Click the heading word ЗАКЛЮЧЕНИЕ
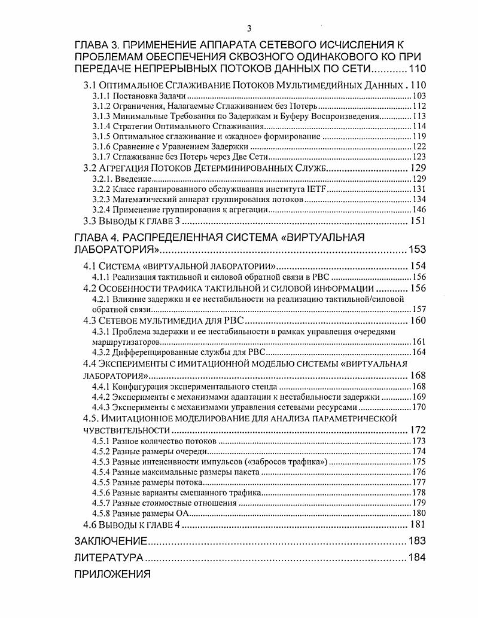point(111,541)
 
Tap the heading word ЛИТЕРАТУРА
point(108,558)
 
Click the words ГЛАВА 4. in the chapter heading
point(99,237)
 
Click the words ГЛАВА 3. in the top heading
point(99,45)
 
